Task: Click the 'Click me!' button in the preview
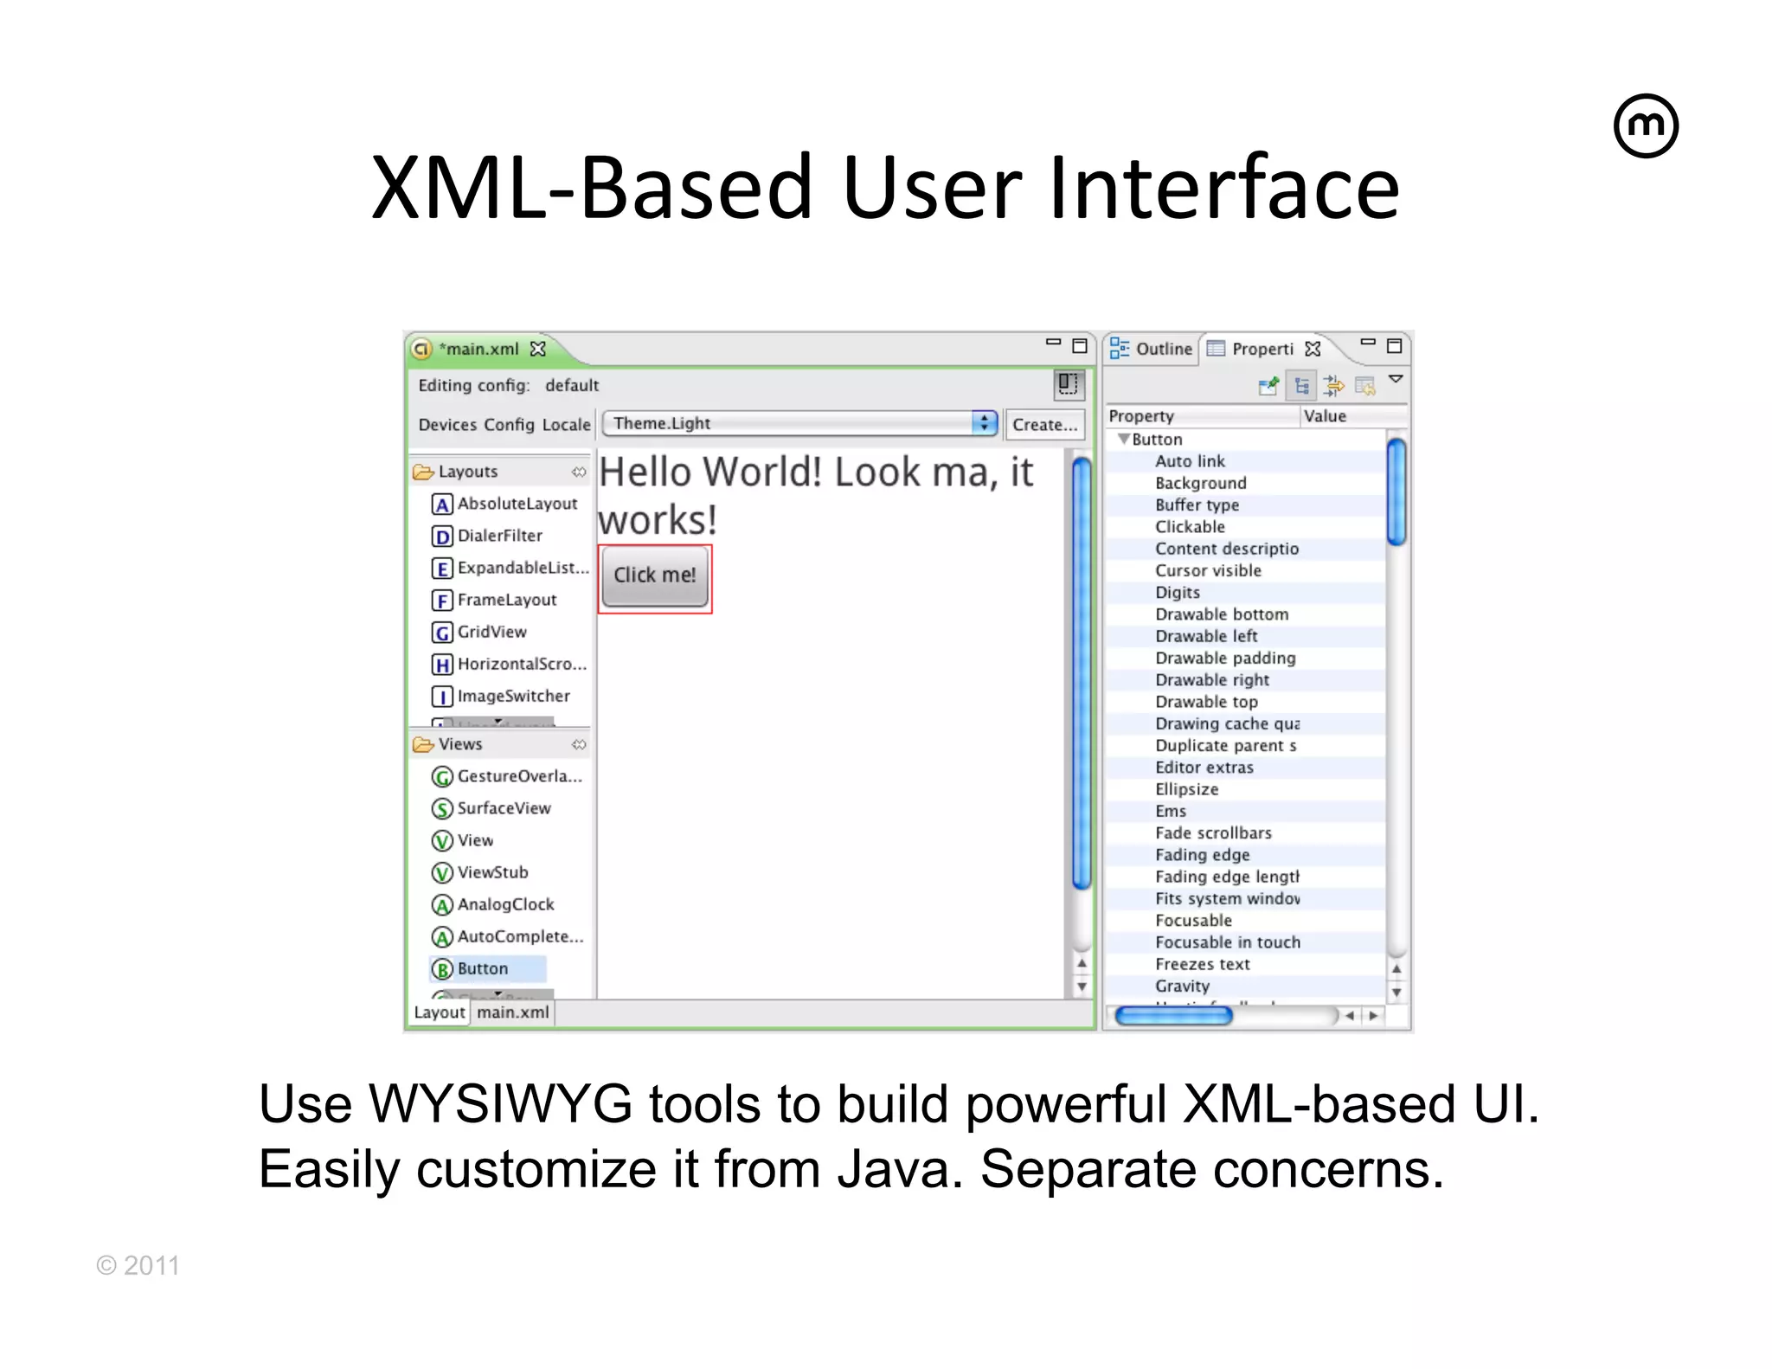[655, 576]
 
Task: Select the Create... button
[1044, 424]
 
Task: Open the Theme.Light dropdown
[799, 423]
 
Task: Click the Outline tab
[1152, 349]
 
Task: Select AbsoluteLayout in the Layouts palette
[517, 504]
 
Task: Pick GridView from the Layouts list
[491, 632]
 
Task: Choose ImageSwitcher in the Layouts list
[512, 696]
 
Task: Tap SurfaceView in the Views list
[503, 808]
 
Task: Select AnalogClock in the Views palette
[504, 904]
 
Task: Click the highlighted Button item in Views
[482, 968]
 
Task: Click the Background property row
[1200, 483]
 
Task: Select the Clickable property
[1190, 527]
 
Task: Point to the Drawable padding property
[1225, 658]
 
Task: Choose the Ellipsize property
[1186, 789]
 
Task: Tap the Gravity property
[1182, 986]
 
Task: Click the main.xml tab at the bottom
[512, 1012]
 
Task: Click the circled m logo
[1646, 126]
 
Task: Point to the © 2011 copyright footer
[138, 1265]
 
